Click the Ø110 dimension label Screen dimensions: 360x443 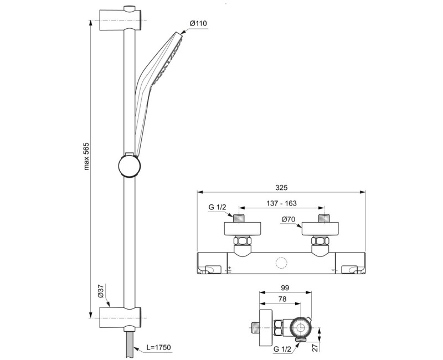click(x=198, y=23)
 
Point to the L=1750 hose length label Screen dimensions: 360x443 click(x=159, y=347)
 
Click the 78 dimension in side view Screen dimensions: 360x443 click(x=281, y=300)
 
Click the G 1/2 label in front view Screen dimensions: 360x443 click(x=217, y=208)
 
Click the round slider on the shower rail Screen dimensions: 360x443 click(x=130, y=164)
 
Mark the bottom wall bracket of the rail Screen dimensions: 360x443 click(x=122, y=314)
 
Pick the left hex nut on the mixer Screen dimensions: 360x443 click(x=242, y=242)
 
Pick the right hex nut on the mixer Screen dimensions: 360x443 click(x=320, y=242)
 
